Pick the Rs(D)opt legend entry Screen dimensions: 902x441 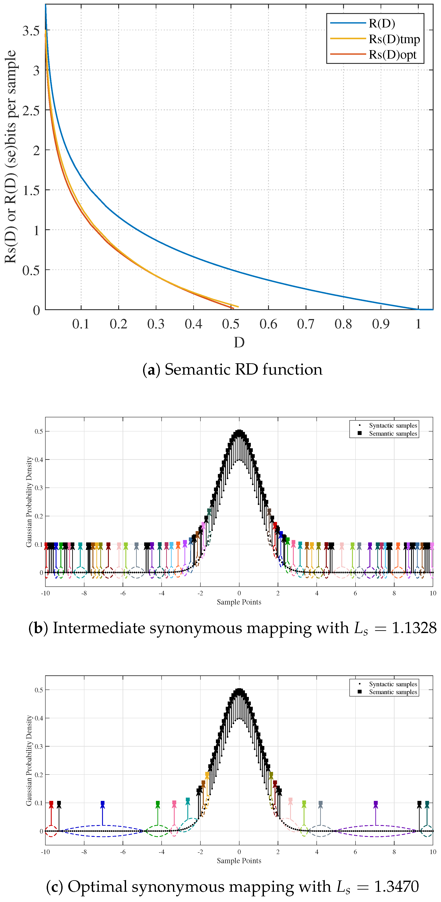click(392, 55)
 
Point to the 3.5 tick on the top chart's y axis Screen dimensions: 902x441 click(31, 31)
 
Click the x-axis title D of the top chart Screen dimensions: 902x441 click(239, 342)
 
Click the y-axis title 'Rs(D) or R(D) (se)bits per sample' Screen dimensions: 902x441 click(10, 156)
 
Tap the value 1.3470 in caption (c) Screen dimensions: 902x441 click(396, 886)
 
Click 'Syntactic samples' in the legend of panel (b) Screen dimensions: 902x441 click(393, 425)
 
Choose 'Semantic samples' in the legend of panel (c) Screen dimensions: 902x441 click(393, 692)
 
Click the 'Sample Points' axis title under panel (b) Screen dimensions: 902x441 click(239, 602)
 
